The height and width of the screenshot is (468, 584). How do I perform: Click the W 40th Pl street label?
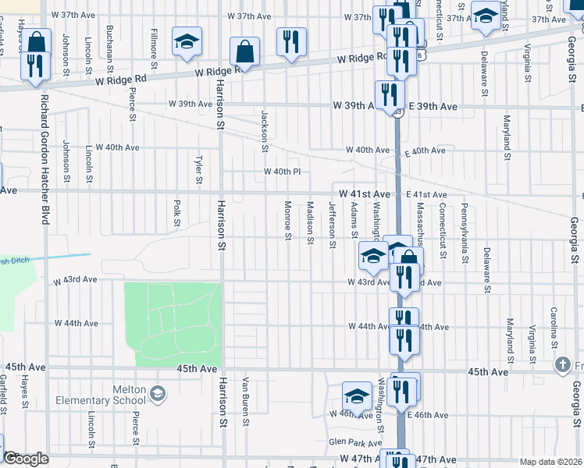click(x=282, y=172)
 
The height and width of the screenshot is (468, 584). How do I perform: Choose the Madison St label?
click(x=310, y=222)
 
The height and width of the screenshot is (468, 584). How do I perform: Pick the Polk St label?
click(x=177, y=211)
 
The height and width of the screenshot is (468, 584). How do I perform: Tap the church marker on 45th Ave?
click(x=562, y=364)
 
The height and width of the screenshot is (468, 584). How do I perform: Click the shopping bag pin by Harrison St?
click(x=245, y=52)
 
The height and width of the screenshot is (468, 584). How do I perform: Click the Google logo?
click(x=26, y=459)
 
